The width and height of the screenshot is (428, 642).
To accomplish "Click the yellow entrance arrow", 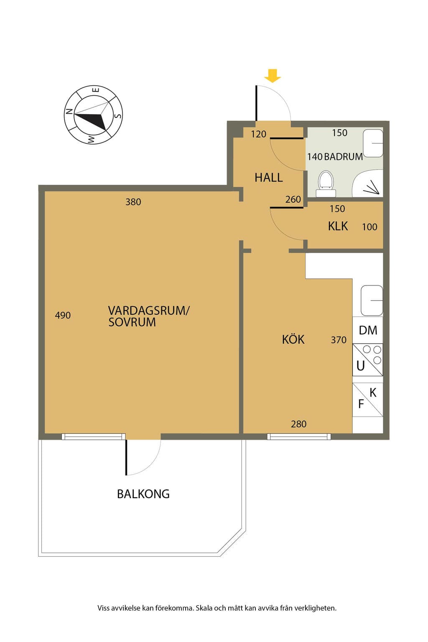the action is tap(273, 76).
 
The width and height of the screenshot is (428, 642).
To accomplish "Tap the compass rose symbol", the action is tap(93, 115).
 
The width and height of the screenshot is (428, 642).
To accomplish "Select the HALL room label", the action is tap(269, 178).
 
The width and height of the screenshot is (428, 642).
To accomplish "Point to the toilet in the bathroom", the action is tap(326, 184).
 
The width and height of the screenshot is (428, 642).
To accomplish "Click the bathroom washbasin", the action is tap(373, 143).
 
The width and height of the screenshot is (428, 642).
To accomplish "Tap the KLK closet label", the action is tap(338, 226).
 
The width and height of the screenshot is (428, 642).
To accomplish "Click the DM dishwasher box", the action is tap(368, 330).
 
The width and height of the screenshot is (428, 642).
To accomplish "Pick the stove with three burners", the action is tap(368, 360).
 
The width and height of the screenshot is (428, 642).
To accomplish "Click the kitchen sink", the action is tap(372, 301).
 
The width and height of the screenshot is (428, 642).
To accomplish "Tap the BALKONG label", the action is tap(143, 494).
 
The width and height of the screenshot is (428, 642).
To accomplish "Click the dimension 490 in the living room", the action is tap(63, 315).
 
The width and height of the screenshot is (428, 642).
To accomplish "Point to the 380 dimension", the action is tap(133, 202).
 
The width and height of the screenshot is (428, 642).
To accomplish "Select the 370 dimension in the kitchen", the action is tap(339, 340).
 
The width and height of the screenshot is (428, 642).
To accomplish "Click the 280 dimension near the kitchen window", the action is tap(299, 424).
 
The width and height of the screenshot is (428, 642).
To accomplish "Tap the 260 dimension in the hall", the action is tap(293, 199).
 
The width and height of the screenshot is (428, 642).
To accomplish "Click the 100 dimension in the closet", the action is tap(369, 227).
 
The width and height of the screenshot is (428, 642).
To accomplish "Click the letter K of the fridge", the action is tap(373, 392).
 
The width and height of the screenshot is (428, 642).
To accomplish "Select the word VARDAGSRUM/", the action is tap(149, 311).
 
